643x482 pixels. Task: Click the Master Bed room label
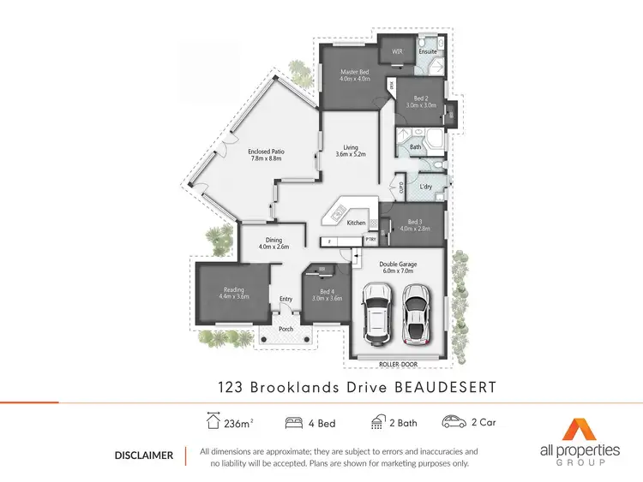click(354, 71)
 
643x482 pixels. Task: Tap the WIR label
click(397, 51)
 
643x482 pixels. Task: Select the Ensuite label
click(428, 51)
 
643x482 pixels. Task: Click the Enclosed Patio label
click(267, 152)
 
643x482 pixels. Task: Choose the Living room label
click(350, 146)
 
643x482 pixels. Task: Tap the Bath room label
click(416, 147)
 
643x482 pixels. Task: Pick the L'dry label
click(426, 187)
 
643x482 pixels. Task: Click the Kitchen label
click(356, 223)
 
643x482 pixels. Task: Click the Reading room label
click(233, 289)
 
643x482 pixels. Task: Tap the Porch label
click(285, 328)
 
